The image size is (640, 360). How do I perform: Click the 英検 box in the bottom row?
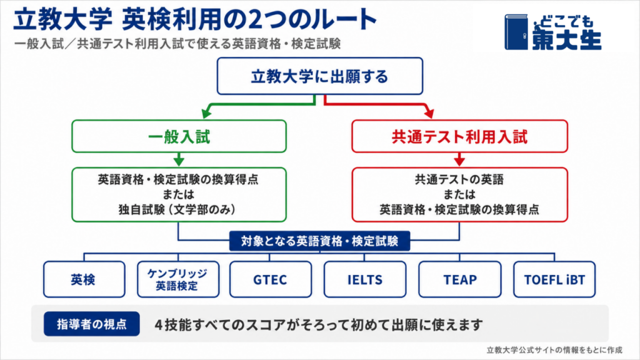84,279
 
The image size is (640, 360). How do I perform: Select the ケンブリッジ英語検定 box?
178,279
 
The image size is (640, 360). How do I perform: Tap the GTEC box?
270,279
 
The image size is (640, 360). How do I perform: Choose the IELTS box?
365,279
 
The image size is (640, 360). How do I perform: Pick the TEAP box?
459,279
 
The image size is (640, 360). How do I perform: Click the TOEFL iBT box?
554,279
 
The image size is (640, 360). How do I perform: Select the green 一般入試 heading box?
179,136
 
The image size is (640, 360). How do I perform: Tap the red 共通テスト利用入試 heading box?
459,136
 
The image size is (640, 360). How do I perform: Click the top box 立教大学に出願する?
319,76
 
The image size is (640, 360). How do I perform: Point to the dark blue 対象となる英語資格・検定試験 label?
319,241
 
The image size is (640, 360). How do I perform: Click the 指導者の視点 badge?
92,324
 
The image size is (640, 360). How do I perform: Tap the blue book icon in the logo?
516,32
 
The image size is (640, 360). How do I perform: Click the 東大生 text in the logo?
566,39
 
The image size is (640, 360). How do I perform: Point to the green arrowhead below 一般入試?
179,160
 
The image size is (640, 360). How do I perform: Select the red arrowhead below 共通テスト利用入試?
459,160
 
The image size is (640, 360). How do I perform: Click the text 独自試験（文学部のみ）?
178,210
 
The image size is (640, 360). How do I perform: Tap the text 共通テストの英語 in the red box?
459,179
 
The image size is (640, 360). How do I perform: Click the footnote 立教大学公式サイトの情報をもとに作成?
554,350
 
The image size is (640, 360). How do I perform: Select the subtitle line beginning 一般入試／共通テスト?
177,44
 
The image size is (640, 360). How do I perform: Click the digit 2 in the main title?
254,20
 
